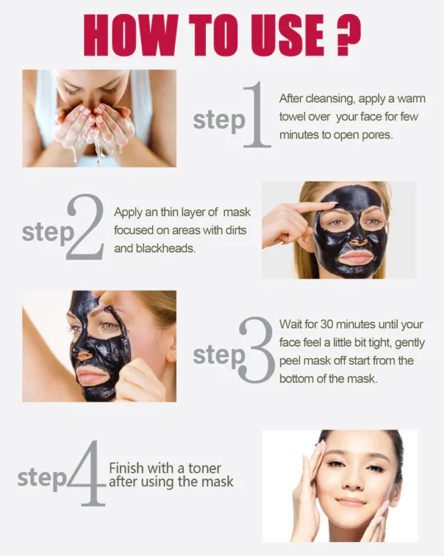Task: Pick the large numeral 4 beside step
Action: pyautogui.click(x=86, y=473)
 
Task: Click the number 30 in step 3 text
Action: pyautogui.click(x=327, y=325)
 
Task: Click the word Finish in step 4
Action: pyautogui.click(x=126, y=468)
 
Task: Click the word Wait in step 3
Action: pyautogui.click(x=291, y=325)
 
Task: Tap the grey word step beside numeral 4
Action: pyautogui.click(x=42, y=479)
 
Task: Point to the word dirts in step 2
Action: pyautogui.click(x=236, y=230)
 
